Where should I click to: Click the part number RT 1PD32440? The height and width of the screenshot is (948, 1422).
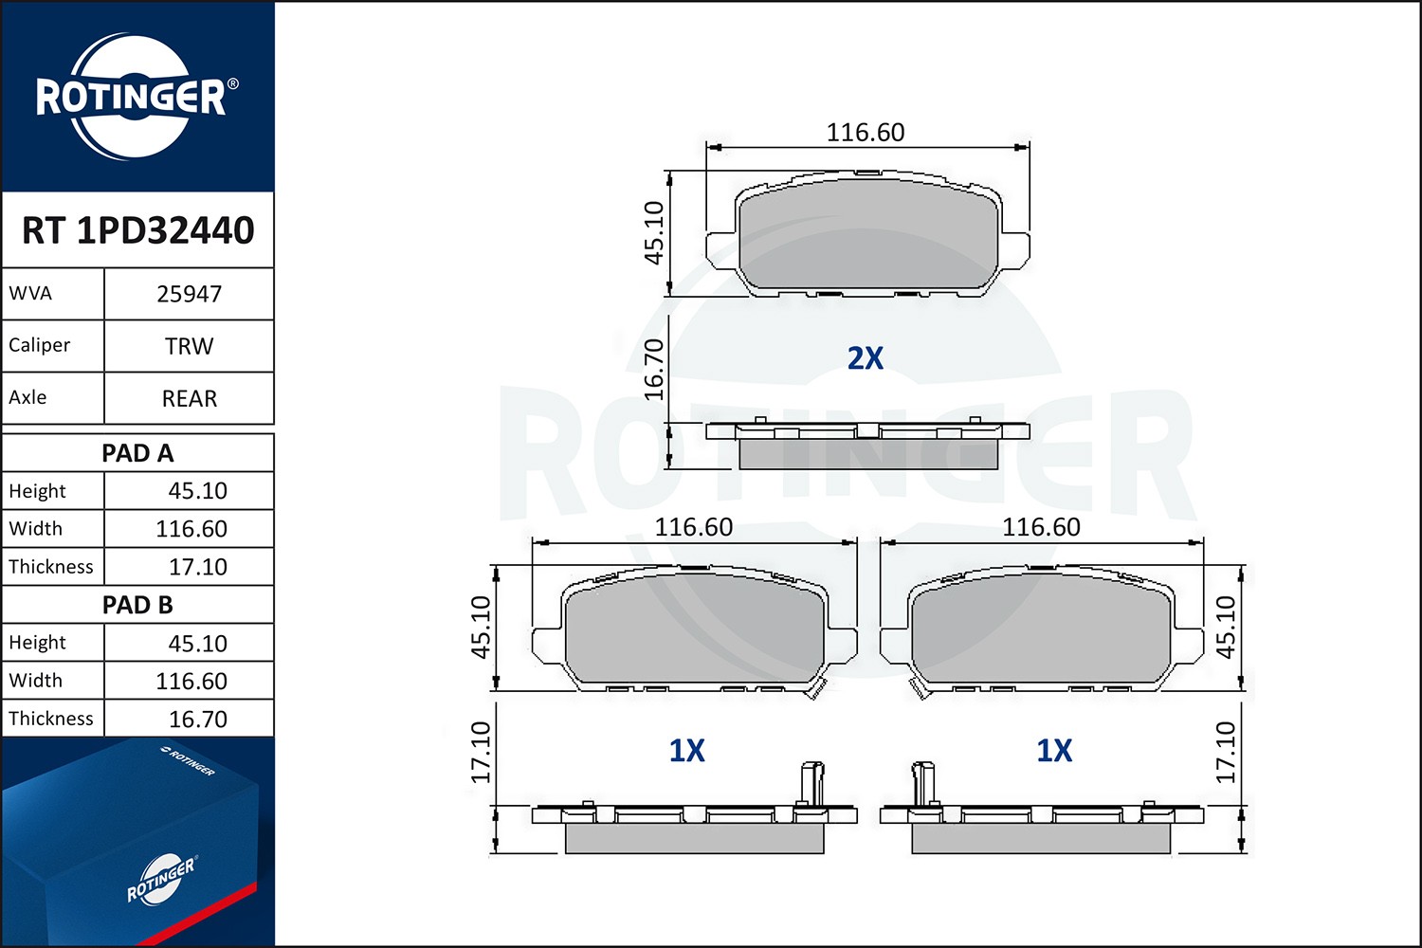point(137,230)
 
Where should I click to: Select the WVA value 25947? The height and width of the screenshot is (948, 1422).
point(189,294)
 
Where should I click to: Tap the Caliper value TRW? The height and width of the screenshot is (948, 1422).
point(189,346)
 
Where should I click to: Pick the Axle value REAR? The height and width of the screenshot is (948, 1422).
point(189,398)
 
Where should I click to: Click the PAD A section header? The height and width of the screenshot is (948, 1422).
point(137,453)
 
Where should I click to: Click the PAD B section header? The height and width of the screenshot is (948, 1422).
point(137,605)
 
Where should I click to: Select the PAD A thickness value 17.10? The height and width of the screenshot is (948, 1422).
point(197,567)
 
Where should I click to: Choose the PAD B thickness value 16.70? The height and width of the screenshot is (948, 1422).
point(197,720)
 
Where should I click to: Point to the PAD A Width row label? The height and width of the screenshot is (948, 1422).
point(36,528)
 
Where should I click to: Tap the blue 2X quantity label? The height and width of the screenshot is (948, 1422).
point(865,358)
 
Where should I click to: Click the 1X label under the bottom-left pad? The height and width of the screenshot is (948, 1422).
point(686,751)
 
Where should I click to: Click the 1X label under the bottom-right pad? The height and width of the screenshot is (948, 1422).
point(1053,751)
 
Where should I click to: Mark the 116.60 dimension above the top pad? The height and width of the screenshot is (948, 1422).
point(865,133)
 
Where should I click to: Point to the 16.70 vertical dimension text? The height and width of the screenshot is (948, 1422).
point(654,370)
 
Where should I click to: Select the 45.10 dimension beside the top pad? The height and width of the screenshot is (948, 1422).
point(654,232)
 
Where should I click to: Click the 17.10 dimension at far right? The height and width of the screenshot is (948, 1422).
point(1226,752)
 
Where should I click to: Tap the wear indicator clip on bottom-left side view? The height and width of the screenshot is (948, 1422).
point(811,782)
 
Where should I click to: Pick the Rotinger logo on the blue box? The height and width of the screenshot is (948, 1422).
point(160,879)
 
